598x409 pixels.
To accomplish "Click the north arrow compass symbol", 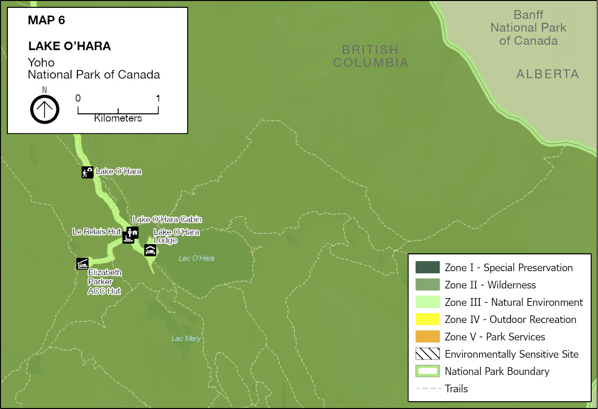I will click(45, 109).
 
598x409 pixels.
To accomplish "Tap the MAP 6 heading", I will click(47, 20).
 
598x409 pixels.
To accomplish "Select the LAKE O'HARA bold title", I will click(70, 46).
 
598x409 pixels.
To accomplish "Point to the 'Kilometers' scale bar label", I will click(118, 118).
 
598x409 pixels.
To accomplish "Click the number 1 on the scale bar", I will click(158, 98).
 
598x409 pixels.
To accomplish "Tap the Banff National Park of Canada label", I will click(528, 28).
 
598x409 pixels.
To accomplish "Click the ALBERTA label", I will click(547, 74).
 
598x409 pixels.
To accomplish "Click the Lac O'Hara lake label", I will click(196, 258).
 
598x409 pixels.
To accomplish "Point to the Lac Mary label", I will click(186, 338).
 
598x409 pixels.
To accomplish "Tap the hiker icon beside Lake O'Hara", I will click(87, 172).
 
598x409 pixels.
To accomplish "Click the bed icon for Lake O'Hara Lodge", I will click(150, 250).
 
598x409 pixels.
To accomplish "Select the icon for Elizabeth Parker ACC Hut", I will click(82, 263).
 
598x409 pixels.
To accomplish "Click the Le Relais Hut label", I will click(96, 232).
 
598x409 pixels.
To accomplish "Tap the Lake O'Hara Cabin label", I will click(167, 220).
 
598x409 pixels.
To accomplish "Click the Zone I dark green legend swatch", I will click(427, 267).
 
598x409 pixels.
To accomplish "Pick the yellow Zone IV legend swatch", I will click(427, 320).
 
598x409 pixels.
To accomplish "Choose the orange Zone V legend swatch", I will click(427, 337).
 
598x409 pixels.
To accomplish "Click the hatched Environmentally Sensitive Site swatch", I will click(427, 354).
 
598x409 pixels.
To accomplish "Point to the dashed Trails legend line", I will click(427, 389).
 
